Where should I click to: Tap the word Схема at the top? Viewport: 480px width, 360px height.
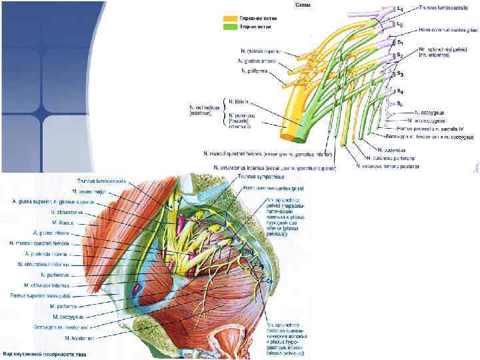tap(301, 5)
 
